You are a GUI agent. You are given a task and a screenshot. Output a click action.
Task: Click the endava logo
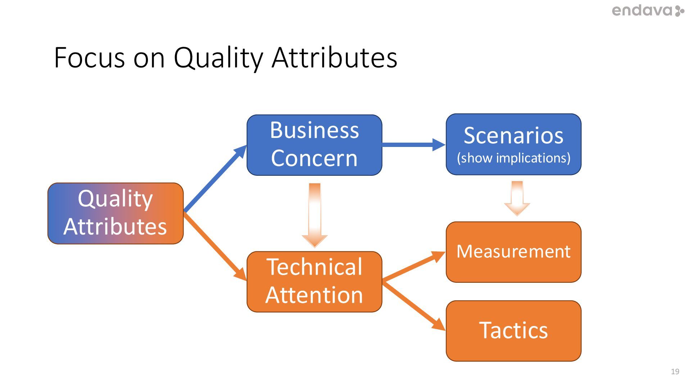tap(648, 11)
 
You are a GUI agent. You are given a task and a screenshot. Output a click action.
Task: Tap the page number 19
tap(675, 371)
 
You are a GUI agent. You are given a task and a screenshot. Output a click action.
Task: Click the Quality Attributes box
tap(116, 213)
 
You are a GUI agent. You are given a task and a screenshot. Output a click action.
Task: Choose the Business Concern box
tap(314, 145)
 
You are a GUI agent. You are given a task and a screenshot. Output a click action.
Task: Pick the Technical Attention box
tap(314, 281)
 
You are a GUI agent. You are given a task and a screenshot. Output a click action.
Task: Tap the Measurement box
tap(513, 252)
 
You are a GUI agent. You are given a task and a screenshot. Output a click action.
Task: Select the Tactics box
tap(513, 331)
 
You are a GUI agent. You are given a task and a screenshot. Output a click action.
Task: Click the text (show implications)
tap(514, 158)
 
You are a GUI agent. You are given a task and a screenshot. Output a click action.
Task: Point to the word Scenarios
tap(514, 135)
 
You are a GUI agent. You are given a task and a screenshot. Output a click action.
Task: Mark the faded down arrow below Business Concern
tap(315, 214)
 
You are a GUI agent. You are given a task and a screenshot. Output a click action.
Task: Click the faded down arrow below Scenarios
tap(517, 198)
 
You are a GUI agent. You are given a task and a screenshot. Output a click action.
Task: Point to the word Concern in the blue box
tap(314, 158)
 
